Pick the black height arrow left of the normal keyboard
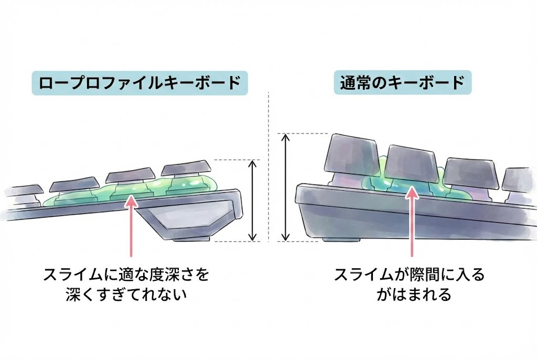285,187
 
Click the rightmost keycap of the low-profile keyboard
187,170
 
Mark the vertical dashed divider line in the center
268,168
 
